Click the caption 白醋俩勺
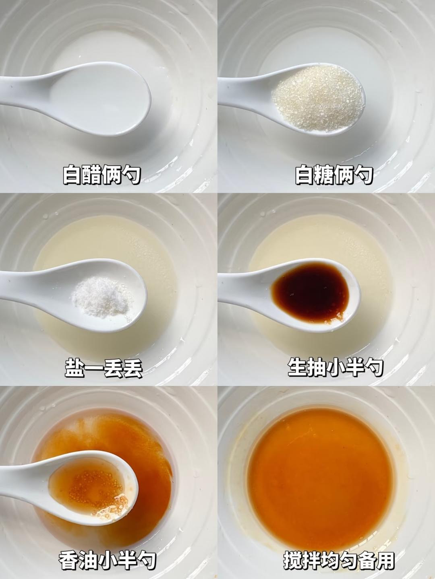coord(101,174)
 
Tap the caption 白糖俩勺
coord(334,174)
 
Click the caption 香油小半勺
coord(107,560)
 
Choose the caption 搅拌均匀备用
coord(339,560)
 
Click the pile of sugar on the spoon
coord(318,98)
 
